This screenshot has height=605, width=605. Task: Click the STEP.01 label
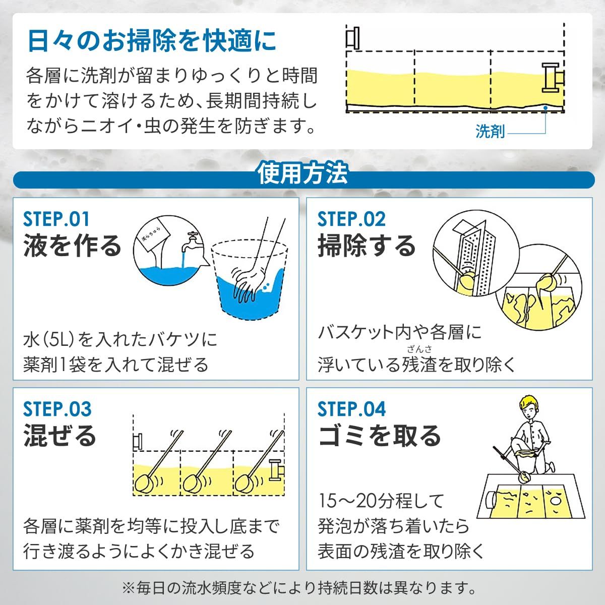(x=56, y=219)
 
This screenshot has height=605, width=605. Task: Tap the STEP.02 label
(x=351, y=219)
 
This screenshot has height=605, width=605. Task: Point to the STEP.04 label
(x=351, y=409)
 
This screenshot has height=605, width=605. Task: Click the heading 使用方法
(x=302, y=174)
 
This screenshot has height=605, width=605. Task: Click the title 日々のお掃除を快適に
(x=152, y=41)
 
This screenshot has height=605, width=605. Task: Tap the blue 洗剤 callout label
(x=490, y=132)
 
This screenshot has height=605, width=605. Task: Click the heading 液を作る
(x=73, y=246)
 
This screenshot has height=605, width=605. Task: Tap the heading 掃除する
(x=367, y=246)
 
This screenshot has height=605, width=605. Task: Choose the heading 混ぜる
(x=59, y=436)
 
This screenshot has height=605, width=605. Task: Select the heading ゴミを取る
(x=380, y=436)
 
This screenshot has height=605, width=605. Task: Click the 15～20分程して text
(x=381, y=501)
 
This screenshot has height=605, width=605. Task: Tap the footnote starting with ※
(x=302, y=587)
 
